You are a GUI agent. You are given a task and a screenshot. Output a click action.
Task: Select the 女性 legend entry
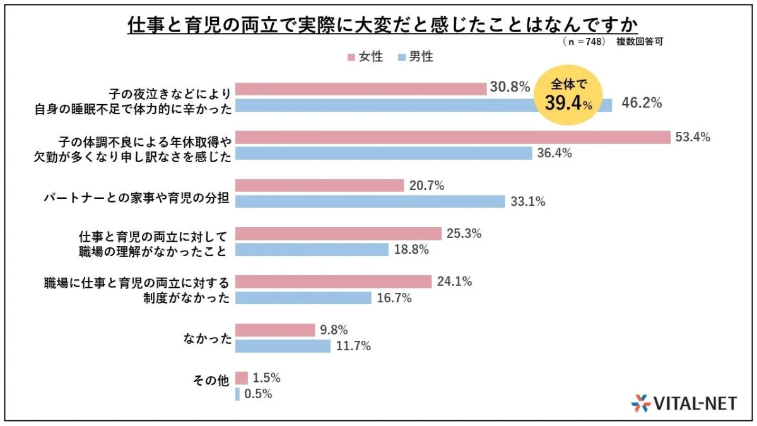coord(365,57)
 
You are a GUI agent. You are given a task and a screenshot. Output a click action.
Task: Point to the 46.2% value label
coord(642,104)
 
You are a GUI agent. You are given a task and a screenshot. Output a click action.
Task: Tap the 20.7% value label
coord(427,186)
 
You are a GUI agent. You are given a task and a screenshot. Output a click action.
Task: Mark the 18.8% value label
coord(411,250)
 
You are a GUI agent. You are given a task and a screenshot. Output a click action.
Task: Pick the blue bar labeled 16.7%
coord(303,298)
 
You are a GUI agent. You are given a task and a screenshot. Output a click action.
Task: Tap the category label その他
coord(209,386)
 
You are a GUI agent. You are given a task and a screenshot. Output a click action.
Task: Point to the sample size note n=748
coord(584,41)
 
